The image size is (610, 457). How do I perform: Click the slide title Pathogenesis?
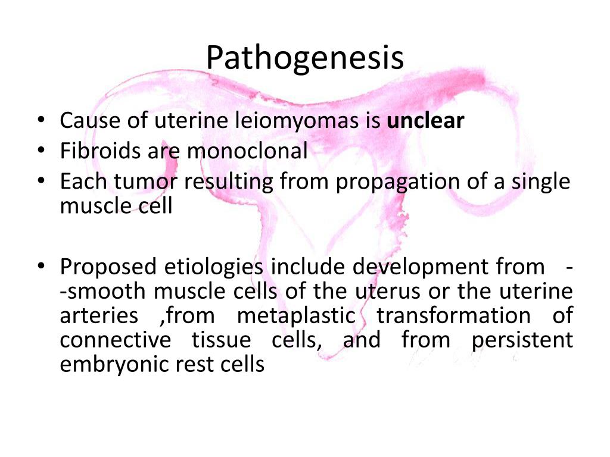click(305, 58)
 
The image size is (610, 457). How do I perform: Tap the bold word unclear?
click(425, 121)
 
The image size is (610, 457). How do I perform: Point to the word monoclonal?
click(247, 151)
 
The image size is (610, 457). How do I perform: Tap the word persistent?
click(522, 340)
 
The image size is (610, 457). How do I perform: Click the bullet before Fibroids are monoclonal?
click(40, 152)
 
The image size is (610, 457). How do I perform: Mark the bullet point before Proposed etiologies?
click(40, 267)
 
